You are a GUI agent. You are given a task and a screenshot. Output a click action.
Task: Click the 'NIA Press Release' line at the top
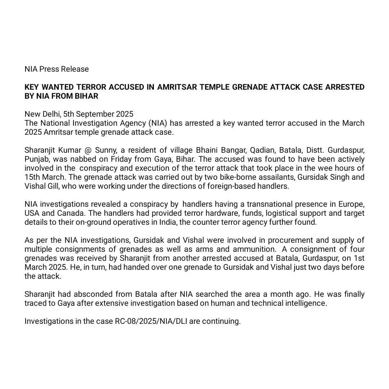[57, 69]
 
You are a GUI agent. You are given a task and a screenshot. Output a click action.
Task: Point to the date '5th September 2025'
[98, 114]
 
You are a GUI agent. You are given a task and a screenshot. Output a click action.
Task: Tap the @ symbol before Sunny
[88, 150]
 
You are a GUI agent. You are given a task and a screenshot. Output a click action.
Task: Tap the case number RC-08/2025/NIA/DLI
[140, 321]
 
